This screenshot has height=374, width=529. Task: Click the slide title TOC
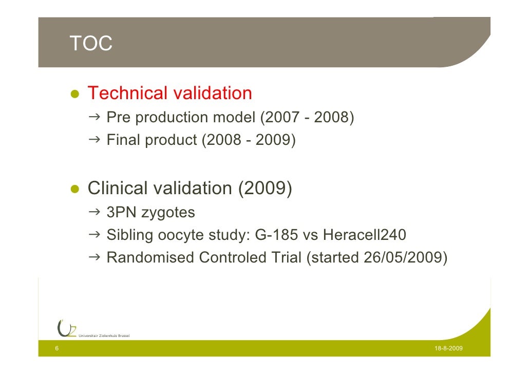click(x=91, y=44)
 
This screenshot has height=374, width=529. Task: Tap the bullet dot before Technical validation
click(x=74, y=95)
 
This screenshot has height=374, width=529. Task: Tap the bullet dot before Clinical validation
click(x=74, y=190)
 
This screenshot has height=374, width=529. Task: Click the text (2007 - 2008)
click(x=307, y=118)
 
